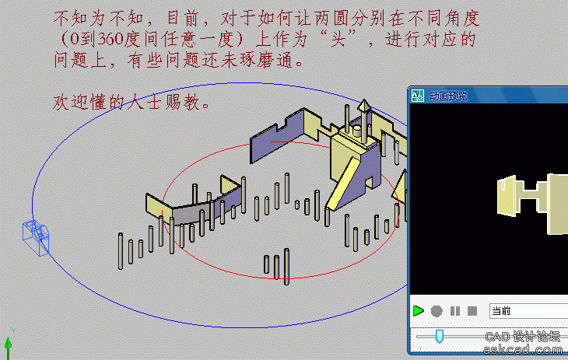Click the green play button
[x=419, y=311]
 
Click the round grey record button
[x=437, y=311]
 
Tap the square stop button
[x=472, y=311]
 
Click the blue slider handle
[x=439, y=336]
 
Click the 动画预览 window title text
[x=448, y=96]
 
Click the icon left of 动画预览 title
[x=418, y=96]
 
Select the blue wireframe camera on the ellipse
[x=36, y=238]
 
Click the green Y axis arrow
[x=9, y=346]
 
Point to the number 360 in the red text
[x=110, y=39]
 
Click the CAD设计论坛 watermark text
[x=522, y=337]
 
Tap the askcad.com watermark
[x=523, y=350]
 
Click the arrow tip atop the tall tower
[x=364, y=100]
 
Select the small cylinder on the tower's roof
[x=357, y=131]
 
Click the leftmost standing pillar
[x=121, y=251]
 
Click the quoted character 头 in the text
[x=338, y=39]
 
